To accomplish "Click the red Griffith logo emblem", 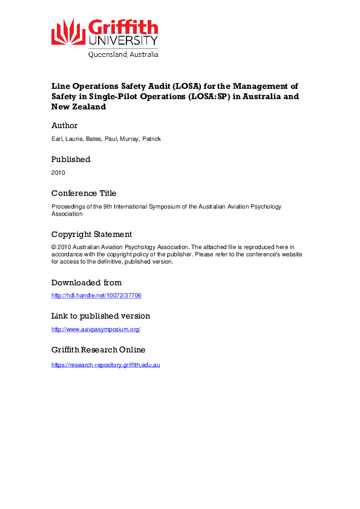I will click(68, 31).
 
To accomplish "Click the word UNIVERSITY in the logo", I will click(123, 41).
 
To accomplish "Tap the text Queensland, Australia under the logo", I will click(123, 54).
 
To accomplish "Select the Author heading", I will click(64, 126).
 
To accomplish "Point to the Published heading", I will click(71, 160).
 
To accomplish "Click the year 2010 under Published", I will click(58, 173).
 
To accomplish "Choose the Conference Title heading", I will click(83, 193).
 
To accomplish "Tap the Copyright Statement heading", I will click(91, 235).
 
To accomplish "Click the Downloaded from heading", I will click(87, 282).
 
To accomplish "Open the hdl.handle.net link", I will click(96, 296).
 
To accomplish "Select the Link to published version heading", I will click(100, 316).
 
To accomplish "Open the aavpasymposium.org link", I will click(96, 329).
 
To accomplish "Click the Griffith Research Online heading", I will click(98, 350).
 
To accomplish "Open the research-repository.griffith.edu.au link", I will click(105, 365).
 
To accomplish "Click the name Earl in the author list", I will click(57, 139).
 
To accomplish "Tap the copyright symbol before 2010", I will click(54, 247).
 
